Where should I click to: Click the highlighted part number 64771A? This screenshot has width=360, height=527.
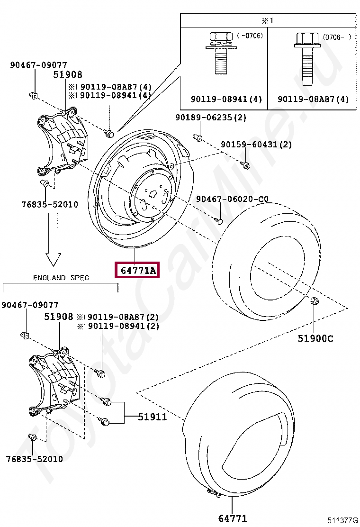(x=138, y=271)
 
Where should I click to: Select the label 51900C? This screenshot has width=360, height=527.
(x=315, y=338)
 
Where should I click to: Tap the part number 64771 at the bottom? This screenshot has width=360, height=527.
(x=233, y=518)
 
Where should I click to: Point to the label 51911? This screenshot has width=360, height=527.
(x=153, y=417)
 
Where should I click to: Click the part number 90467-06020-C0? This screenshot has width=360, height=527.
(x=232, y=200)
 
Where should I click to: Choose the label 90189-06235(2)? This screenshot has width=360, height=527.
(x=211, y=118)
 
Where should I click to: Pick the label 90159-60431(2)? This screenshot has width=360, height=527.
(x=256, y=145)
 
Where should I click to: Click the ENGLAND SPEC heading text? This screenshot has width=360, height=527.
(x=61, y=278)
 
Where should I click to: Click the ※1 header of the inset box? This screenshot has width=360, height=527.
(x=268, y=20)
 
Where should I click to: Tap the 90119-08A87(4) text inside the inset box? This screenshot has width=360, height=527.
(x=313, y=100)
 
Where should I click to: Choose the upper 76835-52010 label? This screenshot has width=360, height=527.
(x=50, y=204)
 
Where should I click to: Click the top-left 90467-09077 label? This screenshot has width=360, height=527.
(x=38, y=65)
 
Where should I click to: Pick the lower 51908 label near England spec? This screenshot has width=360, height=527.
(x=59, y=317)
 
